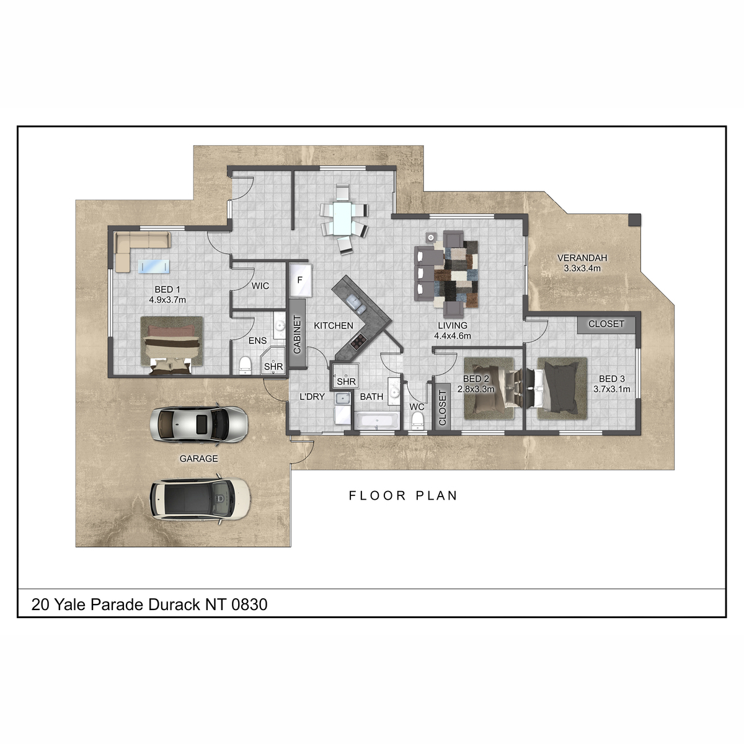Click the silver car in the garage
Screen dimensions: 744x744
click(198, 423)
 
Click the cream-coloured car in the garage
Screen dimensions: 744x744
click(200, 499)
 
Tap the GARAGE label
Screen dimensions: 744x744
click(199, 458)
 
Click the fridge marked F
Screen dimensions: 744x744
click(300, 280)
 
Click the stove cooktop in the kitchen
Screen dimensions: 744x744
click(358, 341)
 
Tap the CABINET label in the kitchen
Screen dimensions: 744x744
click(297, 334)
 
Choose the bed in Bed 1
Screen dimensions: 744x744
click(171, 345)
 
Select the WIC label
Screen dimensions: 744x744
click(260, 286)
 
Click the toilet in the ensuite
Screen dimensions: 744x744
click(245, 365)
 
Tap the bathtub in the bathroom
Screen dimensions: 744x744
click(377, 420)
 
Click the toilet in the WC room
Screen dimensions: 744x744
click(417, 420)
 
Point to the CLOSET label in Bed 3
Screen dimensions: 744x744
click(606, 324)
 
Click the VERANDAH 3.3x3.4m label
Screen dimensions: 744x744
click(582, 263)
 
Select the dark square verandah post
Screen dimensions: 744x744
click(635, 220)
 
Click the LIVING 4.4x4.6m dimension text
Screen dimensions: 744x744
click(453, 336)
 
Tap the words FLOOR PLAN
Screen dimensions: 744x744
click(403, 495)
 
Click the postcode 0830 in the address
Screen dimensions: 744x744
click(249, 604)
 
